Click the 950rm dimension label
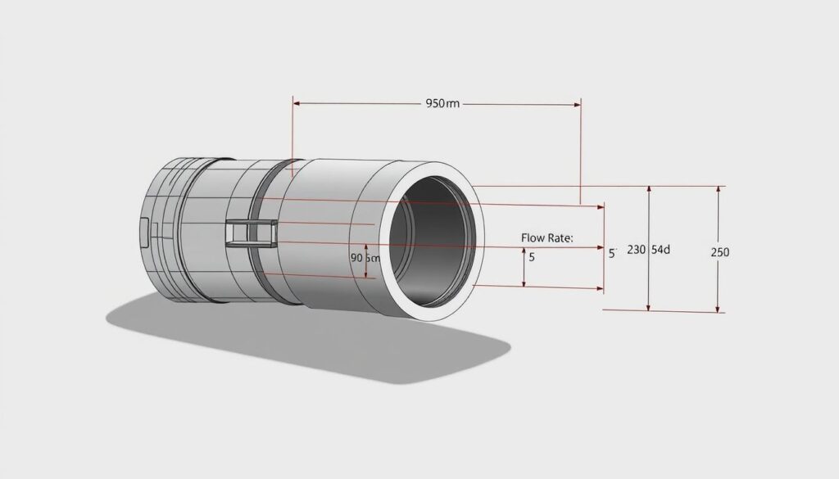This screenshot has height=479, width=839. pos(442,104)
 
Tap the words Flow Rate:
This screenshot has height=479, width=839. pos(547,237)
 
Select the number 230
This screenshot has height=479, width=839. pos(637,251)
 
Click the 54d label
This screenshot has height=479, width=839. pos(660,250)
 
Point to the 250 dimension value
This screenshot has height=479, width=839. pos(719,252)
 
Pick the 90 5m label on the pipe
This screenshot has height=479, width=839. pos(365,257)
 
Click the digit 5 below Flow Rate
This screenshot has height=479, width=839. pos(532,257)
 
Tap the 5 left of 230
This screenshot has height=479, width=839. pos(611,253)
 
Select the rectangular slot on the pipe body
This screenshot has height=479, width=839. pos(249,233)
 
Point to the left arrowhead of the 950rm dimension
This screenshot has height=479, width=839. pos(297,104)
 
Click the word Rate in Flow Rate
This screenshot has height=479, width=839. pos(559,237)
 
